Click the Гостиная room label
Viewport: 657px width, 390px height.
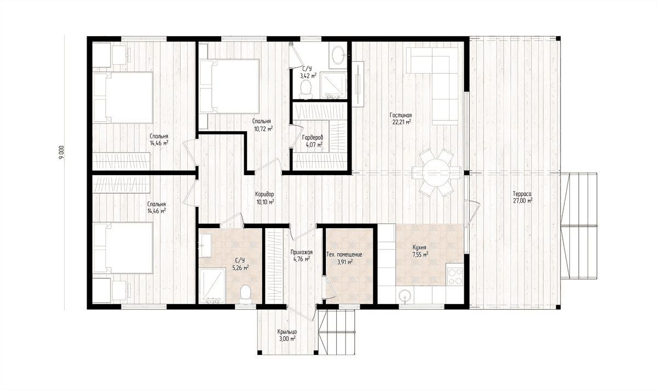click(x=401, y=115)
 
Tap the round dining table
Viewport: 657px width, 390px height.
click(x=436, y=173)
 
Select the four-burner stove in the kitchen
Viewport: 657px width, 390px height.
click(x=455, y=277)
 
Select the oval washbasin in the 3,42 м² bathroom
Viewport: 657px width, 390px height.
click(x=338, y=55)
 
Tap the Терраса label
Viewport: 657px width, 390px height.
click(x=522, y=194)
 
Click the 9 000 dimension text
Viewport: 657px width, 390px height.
click(x=61, y=153)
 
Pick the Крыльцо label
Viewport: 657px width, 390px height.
click(x=287, y=331)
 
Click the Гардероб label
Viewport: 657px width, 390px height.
click(x=313, y=137)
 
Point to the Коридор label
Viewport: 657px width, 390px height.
click(x=264, y=194)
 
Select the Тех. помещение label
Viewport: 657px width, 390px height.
click(x=344, y=255)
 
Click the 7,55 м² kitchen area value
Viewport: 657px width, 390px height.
click(x=420, y=255)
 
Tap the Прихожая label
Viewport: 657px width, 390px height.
click(x=302, y=252)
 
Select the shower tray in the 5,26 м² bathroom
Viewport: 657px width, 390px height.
click(x=212, y=286)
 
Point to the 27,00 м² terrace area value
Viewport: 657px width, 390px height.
click(x=523, y=201)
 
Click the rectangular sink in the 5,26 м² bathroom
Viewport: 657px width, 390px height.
click(x=206, y=246)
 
